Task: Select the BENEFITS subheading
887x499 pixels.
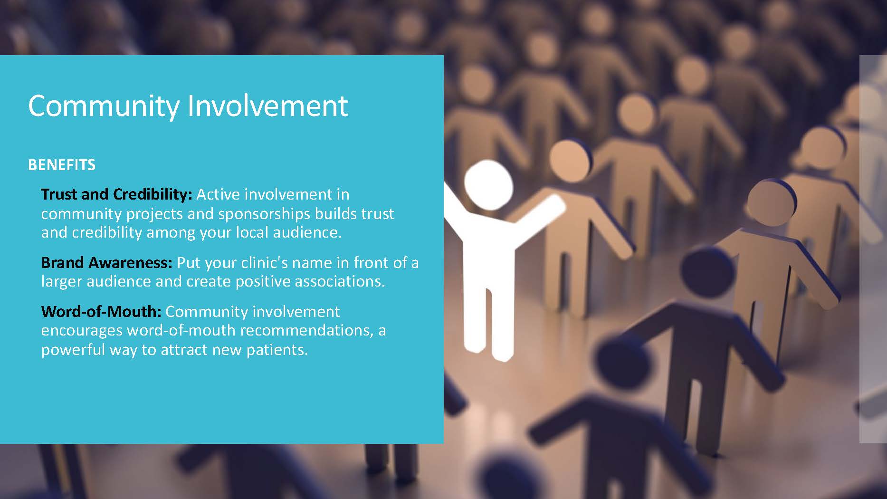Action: (62, 165)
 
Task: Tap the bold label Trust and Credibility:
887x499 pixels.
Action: (116, 194)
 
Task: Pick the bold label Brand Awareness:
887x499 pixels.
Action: (107, 262)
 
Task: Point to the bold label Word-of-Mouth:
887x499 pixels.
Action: (102, 312)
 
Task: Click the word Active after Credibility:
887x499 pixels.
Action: (218, 194)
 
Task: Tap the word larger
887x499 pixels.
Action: (63, 282)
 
